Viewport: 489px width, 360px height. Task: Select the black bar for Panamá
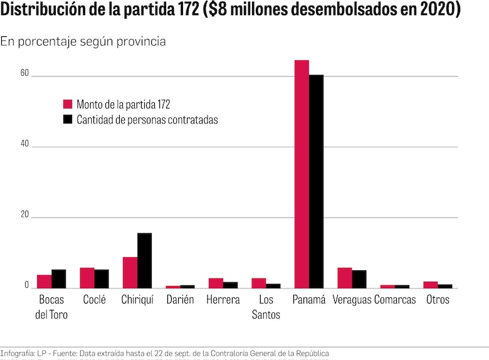(316, 181)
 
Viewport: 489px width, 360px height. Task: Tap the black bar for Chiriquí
(144, 260)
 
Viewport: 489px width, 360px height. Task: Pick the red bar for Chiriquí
(130, 272)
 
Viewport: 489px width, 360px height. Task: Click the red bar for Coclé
(87, 278)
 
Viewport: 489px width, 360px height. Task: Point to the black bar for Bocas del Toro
(59, 278)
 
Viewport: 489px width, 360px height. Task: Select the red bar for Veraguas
(344, 278)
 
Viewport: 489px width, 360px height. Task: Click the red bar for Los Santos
(259, 283)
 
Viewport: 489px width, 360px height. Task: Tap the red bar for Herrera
(216, 283)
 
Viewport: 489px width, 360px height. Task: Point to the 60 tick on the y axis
(24, 73)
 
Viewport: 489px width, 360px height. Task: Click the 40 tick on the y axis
(24, 144)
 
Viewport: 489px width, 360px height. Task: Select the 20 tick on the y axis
(24, 214)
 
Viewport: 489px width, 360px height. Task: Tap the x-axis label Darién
(180, 300)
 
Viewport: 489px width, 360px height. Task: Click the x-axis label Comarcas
(395, 300)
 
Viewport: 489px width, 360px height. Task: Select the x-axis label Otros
(438, 300)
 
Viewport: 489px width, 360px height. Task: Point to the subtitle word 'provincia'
(144, 41)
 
